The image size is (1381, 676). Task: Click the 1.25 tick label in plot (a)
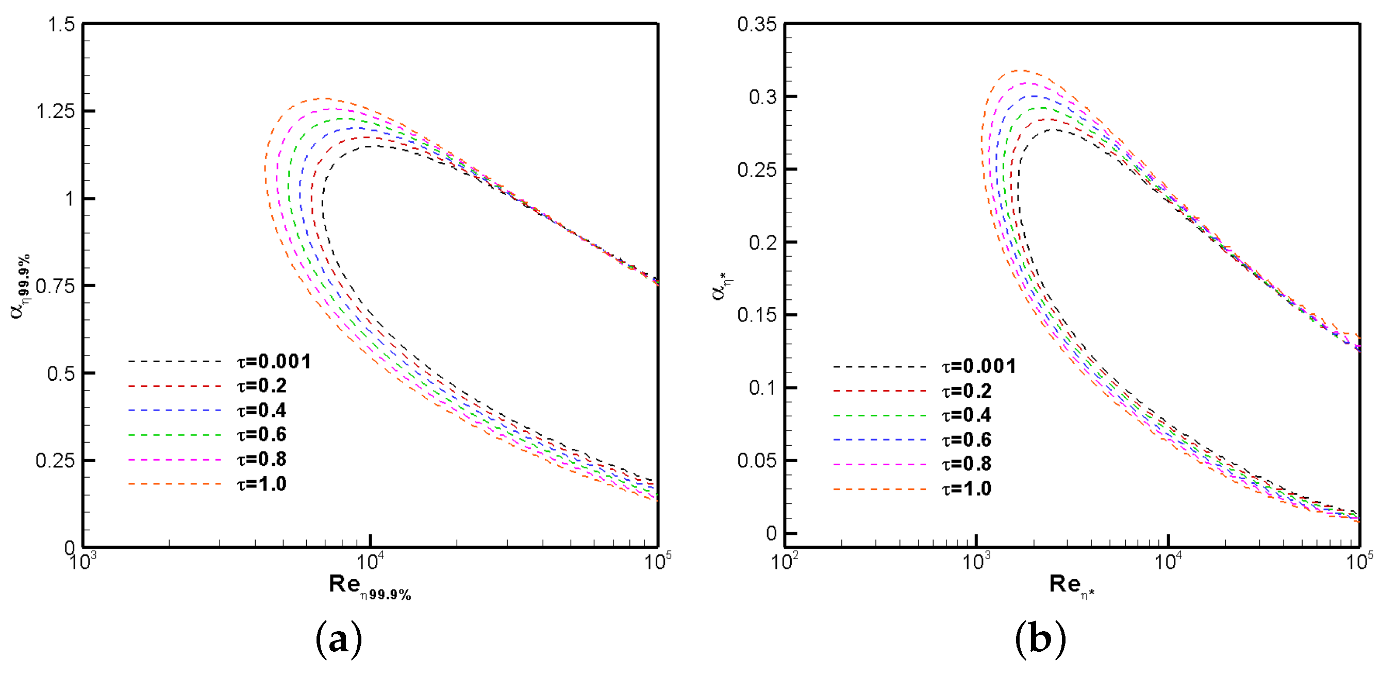click(x=55, y=111)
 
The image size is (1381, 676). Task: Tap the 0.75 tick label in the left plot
click(x=55, y=286)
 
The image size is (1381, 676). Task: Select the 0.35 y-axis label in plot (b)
click(x=756, y=25)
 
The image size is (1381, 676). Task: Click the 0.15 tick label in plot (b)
click(x=756, y=315)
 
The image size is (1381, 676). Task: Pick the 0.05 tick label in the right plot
click(x=756, y=461)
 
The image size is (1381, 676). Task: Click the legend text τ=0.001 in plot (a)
click(x=274, y=362)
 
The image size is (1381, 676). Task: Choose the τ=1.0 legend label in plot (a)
click(x=262, y=484)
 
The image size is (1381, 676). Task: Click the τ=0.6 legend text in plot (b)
click(x=967, y=440)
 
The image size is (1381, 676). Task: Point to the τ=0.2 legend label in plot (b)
click(x=967, y=391)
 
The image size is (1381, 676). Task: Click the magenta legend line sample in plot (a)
click(x=175, y=460)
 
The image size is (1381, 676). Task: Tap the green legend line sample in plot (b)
click(x=880, y=416)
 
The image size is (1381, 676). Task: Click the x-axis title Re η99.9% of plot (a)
click(x=370, y=586)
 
